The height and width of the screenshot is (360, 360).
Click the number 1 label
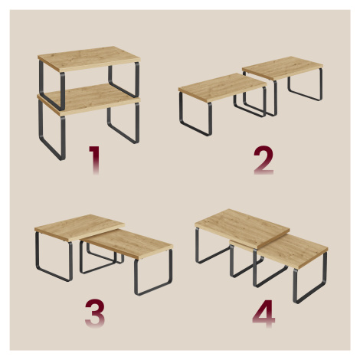click(x=94, y=160)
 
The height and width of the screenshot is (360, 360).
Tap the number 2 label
click(x=263, y=160)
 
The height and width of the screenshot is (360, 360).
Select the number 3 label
click(x=95, y=313)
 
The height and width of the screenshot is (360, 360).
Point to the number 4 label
click(x=263, y=313)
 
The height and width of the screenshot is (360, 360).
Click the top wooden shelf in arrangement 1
click(x=89, y=59)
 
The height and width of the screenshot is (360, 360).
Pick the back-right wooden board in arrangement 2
click(x=283, y=67)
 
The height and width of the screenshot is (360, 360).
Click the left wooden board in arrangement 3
click(x=79, y=227)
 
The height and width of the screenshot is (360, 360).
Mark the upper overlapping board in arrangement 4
click(x=242, y=227)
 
